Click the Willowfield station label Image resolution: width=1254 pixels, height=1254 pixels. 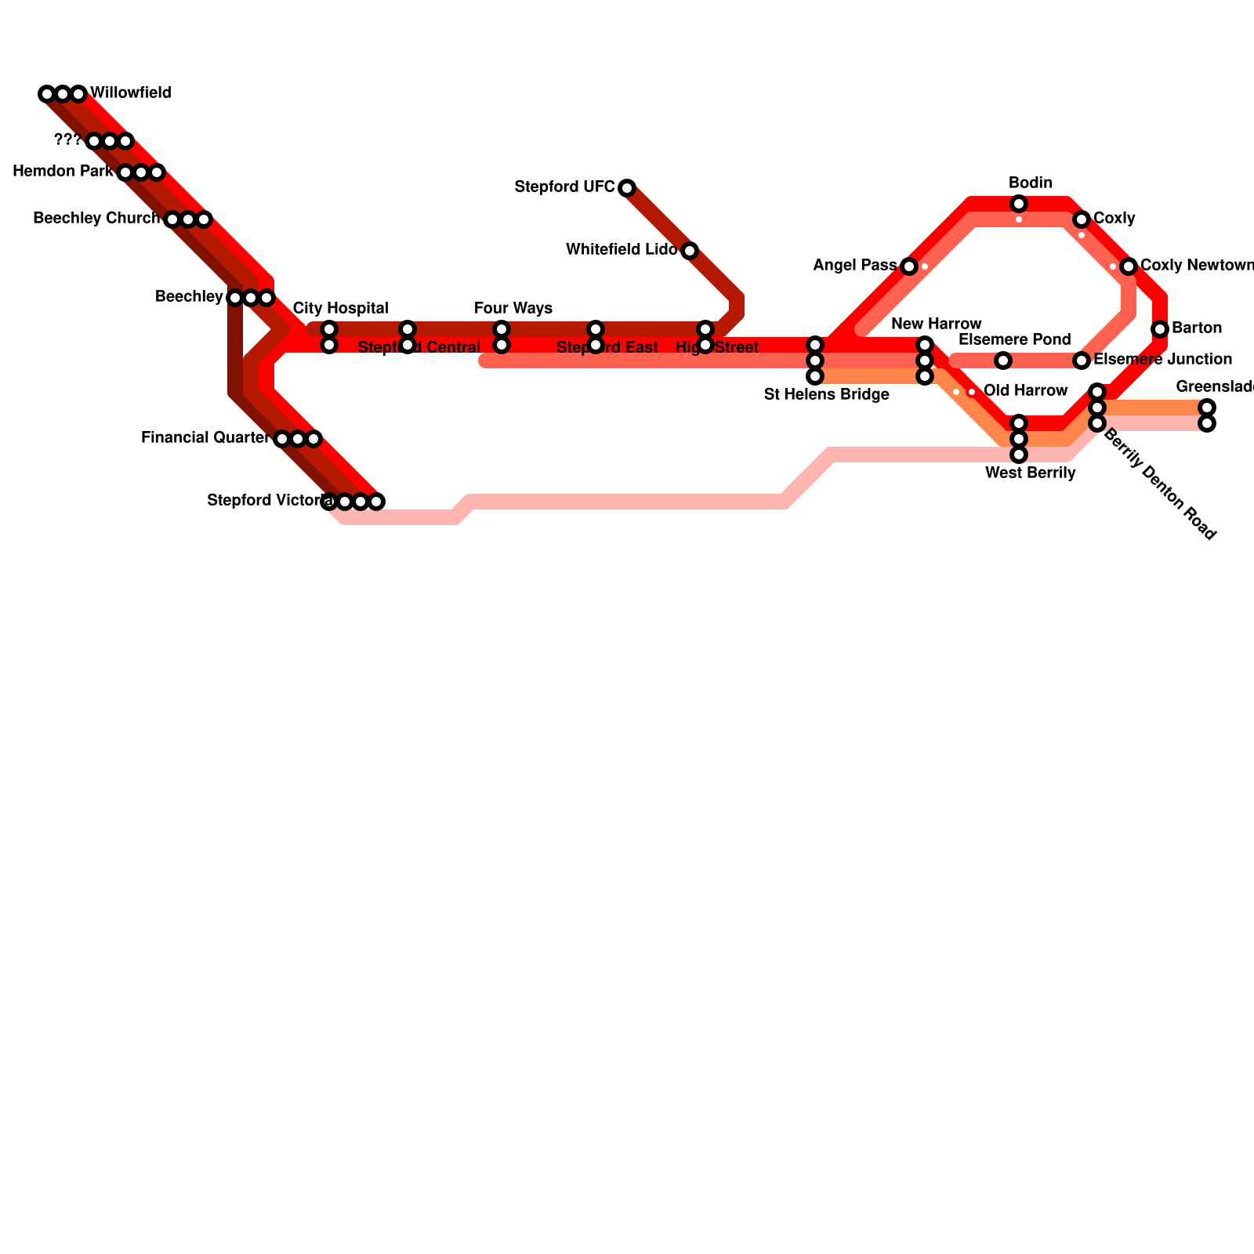[x=130, y=93]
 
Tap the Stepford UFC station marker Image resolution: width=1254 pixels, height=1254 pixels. [x=627, y=188]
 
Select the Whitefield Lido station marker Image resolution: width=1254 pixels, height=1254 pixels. [x=690, y=251]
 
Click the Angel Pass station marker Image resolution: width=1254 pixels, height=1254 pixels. [x=909, y=266]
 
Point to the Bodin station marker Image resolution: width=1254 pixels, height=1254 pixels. [x=1019, y=204]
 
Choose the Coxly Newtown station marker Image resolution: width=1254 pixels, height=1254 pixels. [x=1129, y=266]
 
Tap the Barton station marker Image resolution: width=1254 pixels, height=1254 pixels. [x=1160, y=329]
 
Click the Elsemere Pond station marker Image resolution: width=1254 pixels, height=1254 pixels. [x=1003, y=361]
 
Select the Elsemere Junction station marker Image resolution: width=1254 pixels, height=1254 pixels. [x=1082, y=361]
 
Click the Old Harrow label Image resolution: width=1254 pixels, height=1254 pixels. [x=1025, y=391]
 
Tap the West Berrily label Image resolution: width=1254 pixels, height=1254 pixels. [x=1030, y=473]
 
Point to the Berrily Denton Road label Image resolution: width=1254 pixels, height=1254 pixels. [x=1160, y=484]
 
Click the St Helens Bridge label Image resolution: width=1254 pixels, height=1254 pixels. [x=826, y=395]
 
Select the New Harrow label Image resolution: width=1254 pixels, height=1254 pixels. [x=936, y=324]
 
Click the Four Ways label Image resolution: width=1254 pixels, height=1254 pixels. [x=513, y=309]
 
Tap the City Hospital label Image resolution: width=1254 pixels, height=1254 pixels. [x=340, y=309]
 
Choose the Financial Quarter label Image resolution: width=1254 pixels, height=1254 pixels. [x=205, y=438]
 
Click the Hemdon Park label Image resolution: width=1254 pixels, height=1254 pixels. [x=63, y=172]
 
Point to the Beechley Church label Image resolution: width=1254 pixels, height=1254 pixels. [x=96, y=219]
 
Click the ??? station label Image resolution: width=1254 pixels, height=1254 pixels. [x=67, y=141]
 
